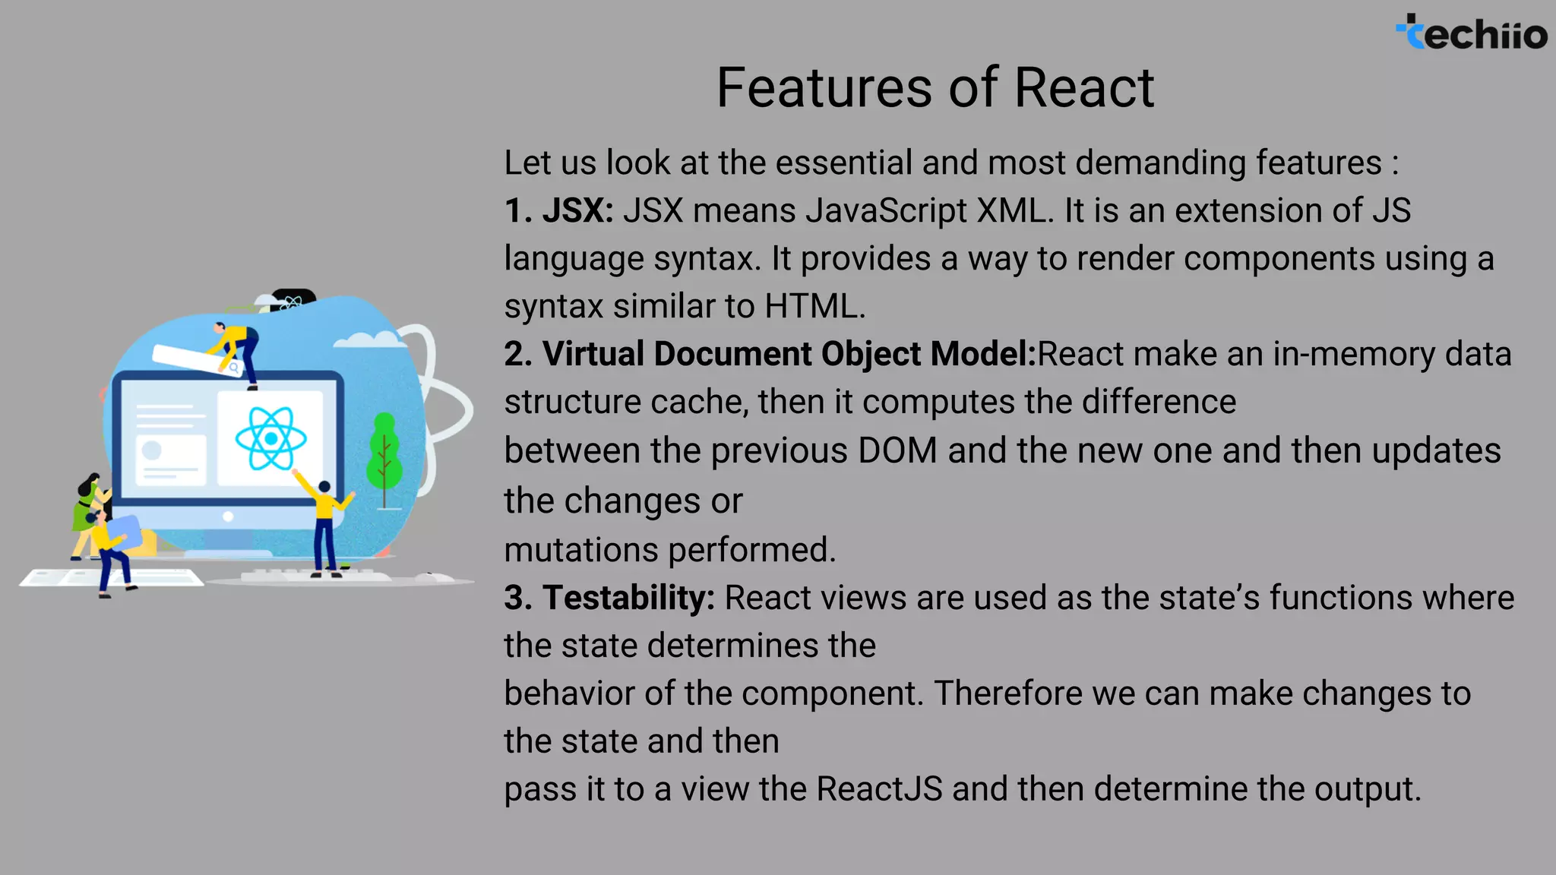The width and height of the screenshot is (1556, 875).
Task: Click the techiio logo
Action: [x=1471, y=33]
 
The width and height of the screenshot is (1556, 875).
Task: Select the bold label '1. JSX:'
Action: [x=558, y=210]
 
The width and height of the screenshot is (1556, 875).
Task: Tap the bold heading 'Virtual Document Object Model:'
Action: [x=789, y=354]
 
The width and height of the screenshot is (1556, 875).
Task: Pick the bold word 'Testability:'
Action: [x=628, y=598]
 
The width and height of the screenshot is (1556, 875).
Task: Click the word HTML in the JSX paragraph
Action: [x=814, y=306]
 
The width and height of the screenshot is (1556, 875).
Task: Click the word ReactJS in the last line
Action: [x=879, y=788]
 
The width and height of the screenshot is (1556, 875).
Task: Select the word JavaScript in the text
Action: [x=887, y=210]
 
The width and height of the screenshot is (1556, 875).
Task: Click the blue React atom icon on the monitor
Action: [x=270, y=438]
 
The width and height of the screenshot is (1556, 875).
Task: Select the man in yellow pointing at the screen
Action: [x=325, y=524]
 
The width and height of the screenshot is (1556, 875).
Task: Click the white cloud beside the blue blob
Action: [x=368, y=340]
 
